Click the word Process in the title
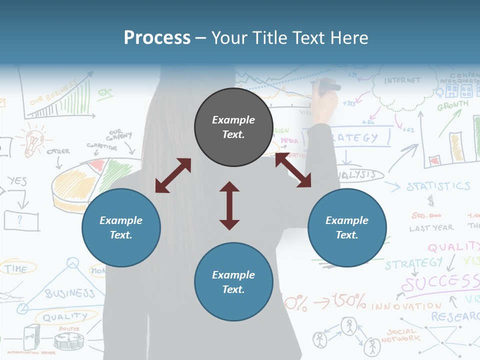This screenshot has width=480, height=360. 157,38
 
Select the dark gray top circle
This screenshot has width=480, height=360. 233,127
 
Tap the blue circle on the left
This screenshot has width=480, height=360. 121,227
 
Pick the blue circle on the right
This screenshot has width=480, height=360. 347,227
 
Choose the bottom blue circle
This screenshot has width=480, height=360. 233,282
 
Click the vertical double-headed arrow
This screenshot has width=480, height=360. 229,206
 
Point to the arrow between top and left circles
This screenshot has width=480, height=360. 173,175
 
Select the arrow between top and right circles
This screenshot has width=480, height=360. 293,170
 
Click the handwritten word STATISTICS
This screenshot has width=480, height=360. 438,187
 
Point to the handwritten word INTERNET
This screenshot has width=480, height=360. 402,80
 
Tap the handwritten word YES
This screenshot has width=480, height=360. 16,181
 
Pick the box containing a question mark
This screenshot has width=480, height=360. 21,220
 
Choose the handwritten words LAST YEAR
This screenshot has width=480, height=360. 431,228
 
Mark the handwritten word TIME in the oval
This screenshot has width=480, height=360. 16,269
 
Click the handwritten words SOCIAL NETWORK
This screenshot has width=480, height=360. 400,335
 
